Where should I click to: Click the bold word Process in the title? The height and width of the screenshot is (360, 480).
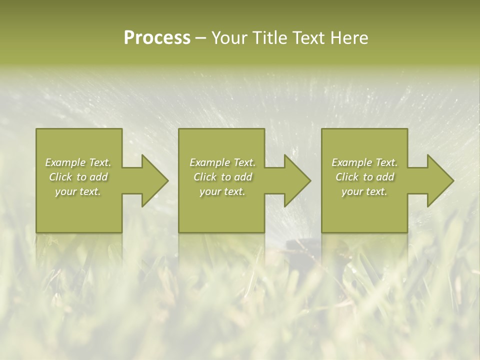[157, 38]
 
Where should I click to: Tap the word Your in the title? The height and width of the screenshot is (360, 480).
[229, 38]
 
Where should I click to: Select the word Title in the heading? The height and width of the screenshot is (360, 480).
[269, 38]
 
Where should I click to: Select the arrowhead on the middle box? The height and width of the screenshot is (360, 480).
[296, 180]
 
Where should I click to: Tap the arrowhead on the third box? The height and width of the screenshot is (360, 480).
[439, 180]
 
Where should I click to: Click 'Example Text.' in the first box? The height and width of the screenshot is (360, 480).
[78, 162]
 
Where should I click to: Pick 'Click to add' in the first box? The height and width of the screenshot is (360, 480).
[78, 177]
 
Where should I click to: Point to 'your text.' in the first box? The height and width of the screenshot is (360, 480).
[78, 191]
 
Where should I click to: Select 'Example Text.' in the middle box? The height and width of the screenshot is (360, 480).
[222, 162]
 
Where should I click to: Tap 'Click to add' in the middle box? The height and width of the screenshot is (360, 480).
[222, 177]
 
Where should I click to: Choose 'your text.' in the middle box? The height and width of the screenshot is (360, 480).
[222, 191]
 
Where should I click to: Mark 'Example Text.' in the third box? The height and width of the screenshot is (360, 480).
[364, 162]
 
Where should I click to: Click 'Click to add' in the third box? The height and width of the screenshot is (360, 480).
[364, 177]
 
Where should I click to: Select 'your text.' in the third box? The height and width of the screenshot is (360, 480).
[364, 191]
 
